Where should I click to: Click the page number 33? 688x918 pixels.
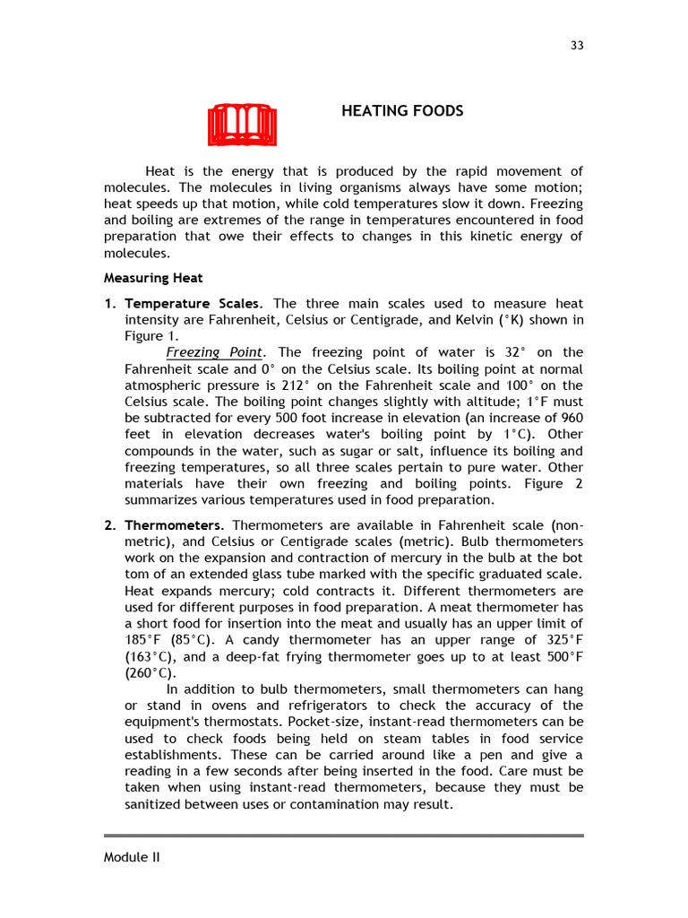[x=577, y=47]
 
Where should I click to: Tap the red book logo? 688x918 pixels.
[x=242, y=125]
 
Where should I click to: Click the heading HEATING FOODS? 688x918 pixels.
[x=402, y=111]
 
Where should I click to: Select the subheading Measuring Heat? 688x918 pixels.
[x=153, y=278]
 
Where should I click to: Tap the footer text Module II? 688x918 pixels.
[x=132, y=857]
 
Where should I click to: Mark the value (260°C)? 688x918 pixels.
[x=150, y=673]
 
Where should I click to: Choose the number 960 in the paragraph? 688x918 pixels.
[x=571, y=419]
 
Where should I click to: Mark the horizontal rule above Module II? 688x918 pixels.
[x=344, y=836]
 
